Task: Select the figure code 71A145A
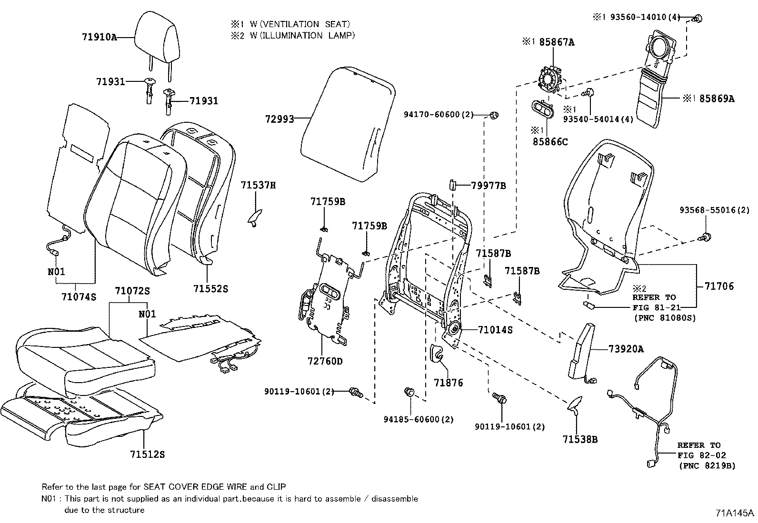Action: pos(734,513)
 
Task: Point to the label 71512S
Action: pos(147,454)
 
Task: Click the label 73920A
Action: pos(626,349)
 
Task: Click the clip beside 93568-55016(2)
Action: pos(707,237)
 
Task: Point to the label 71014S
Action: pos(495,329)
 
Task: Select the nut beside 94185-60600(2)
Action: pos(409,393)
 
